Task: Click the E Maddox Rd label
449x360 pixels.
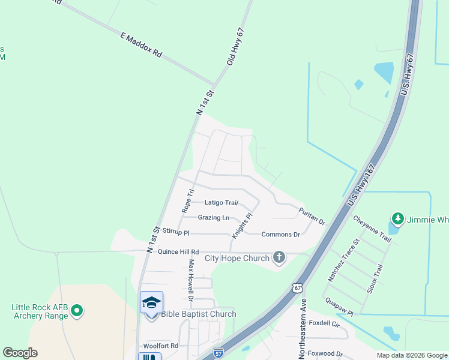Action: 142,45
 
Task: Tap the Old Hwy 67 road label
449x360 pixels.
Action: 235,47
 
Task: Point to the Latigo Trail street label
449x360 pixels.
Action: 221,203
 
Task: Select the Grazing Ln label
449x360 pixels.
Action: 214,218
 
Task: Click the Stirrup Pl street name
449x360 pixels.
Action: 176,232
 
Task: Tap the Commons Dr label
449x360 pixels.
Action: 280,235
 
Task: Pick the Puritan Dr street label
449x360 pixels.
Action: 312,216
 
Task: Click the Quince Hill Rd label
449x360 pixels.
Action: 178,252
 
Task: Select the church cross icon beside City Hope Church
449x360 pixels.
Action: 279,258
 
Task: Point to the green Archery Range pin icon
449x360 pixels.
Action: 76,311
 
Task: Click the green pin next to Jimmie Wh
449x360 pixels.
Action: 396,218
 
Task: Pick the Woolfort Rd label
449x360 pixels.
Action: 161,346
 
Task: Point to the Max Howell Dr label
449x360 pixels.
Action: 191,280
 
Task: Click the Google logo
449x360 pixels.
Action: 20,353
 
